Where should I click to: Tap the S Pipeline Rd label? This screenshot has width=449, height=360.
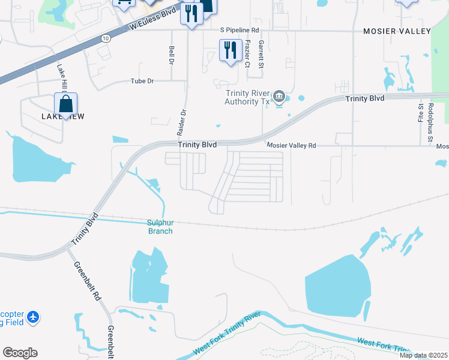click(x=240, y=29)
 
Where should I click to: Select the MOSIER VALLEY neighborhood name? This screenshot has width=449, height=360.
click(x=397, y=31)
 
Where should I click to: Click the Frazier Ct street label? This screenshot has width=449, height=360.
click(x=247, y=54)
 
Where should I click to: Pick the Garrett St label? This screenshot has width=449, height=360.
click(x=261, y=54)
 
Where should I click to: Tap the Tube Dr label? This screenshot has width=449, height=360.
click(x=142, y=81)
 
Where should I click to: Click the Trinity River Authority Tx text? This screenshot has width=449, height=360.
click(x=247, y=97)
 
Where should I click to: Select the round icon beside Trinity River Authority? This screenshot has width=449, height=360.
click(x=279, y=96)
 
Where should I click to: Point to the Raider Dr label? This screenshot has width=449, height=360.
click(x=184, y=121)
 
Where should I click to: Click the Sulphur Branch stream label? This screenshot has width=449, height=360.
click(x=160, y=227)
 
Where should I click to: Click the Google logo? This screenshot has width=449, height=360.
click(x=20, y=353)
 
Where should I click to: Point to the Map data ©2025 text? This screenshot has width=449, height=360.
click(x=423, y=355)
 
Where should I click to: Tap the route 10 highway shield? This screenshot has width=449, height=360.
click(x=106, y=38)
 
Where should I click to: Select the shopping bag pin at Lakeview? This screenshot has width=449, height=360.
click(x=65, y=104)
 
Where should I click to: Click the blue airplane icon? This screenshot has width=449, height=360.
click(x=32, y=316)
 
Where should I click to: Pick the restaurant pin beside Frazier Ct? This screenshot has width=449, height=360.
click(x=230, y=50)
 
